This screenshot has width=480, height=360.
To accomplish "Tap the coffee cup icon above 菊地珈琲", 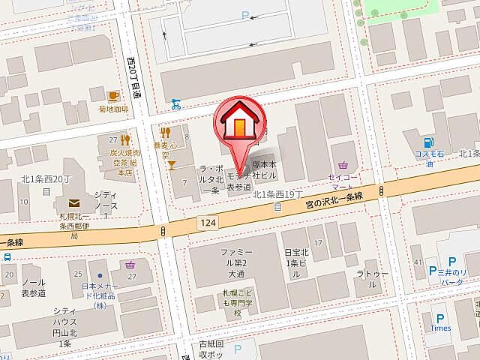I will coord(113,96).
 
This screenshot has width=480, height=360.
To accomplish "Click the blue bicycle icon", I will coord(175,103).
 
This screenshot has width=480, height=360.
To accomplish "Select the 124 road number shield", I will coord(208,222).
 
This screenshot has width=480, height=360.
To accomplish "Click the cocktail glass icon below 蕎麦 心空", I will coord(172,163).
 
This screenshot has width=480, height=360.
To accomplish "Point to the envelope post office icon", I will coord(74,202).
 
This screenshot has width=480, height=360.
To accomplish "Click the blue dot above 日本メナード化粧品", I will coord(99,265).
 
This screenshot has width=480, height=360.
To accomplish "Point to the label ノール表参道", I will coord(34,287).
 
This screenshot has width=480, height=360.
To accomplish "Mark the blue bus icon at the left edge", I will coord(6,256).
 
